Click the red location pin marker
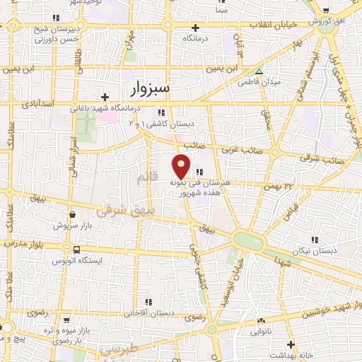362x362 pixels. tap(182, 165)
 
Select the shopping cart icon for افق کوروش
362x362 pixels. tap(325, 10)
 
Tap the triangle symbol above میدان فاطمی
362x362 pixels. tap(259, 71)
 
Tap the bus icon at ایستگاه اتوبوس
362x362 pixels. tap(76, 250)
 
